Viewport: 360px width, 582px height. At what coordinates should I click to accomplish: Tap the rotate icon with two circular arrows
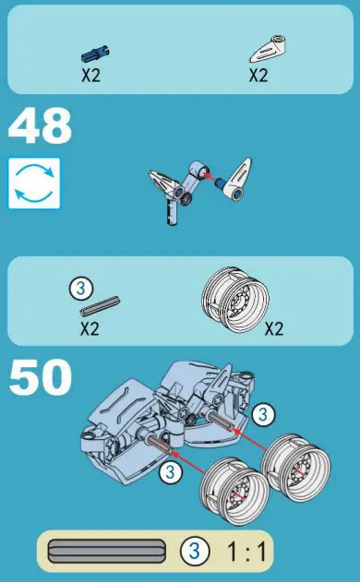tap(34, 183)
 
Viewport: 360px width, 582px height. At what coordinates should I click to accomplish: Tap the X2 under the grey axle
tap(90, 327)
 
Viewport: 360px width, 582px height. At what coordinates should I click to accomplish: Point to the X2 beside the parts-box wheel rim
tap(274, 327)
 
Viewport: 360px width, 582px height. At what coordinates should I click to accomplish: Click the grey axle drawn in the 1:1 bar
tap(108, 552)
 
